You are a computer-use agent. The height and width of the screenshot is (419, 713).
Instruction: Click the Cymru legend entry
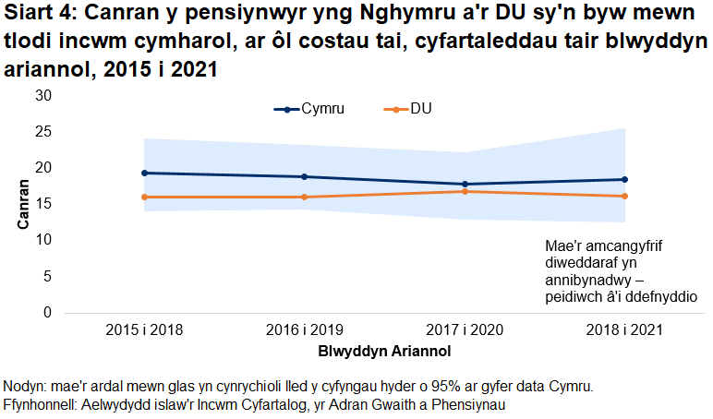click(x=309, y=110)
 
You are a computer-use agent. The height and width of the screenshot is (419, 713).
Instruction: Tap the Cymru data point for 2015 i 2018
click(x=144, y=173)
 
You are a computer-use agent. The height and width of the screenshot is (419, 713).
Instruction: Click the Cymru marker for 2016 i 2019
click(x=304, y=176)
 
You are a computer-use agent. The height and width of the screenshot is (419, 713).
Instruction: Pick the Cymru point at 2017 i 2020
click(x=465, y=185)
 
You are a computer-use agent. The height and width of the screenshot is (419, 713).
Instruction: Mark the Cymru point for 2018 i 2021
click(x=624, y=179)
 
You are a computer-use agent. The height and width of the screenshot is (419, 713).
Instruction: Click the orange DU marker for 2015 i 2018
click(x=144, y=197)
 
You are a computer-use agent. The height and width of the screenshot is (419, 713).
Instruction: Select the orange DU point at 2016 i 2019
click(x=304, y=197)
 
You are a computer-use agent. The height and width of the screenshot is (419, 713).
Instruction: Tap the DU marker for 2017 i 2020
click(x=465, y=191)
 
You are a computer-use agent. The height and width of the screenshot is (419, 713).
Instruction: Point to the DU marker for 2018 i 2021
click(x=624, y=196)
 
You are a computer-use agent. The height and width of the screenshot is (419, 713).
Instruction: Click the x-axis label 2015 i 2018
click(x=144, y=329)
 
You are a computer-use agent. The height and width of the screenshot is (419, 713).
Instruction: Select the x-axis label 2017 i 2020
click(x=465, y=329)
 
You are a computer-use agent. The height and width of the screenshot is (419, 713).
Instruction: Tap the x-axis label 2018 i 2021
click(x=624, y=329)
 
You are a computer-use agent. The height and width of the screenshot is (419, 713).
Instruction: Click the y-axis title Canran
click(x=21, y=204)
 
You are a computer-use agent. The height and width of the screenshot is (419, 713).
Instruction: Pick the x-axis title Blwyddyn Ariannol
click(x=384, y=352)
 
